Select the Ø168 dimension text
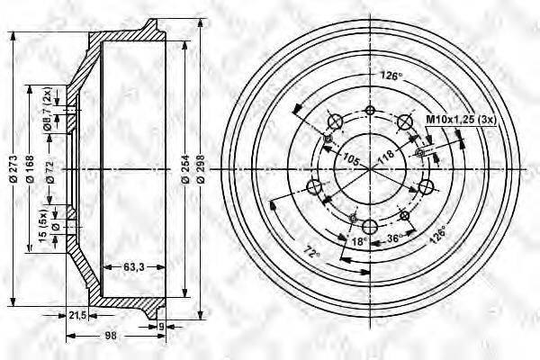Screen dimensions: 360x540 click(x=31, y=172)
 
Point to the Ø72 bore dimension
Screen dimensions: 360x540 click(x=50, y=172)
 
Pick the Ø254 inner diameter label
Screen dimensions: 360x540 click(x=184, y=172)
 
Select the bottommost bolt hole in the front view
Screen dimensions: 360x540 click(x=369, y=225)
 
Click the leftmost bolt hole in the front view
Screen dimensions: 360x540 click(x=315, y=186)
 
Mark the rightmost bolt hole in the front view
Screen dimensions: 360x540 click(x=424, y=186)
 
